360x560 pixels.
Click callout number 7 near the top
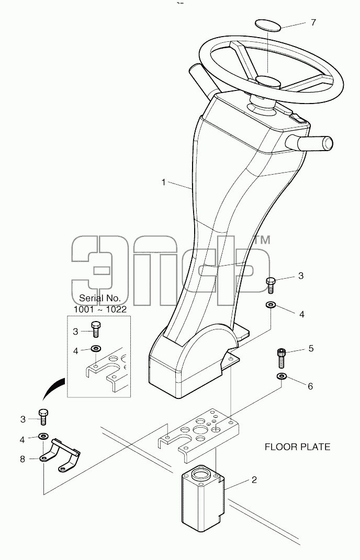tap(313, 22)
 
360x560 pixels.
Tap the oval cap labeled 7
tap(267, 26)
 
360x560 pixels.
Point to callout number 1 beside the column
tap(163, 182)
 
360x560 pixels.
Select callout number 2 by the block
tap(254, 479)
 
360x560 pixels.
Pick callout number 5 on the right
tap(311, 348)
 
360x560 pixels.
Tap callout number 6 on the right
tap(310, 386)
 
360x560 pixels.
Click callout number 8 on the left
tap(22, 459)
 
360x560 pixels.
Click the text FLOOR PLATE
tap(297, 447)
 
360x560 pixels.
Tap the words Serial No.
tap(100, 298)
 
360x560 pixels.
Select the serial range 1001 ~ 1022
tap(100, 310)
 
